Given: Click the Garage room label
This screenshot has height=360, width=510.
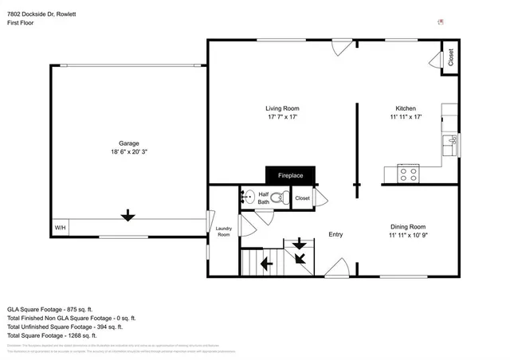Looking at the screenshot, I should tap(125, 143).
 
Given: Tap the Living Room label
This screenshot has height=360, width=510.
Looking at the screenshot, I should tap(282, 108).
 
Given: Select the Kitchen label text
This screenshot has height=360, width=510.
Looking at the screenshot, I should tap(406, 108).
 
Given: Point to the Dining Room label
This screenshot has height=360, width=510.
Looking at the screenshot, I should tap(407, 226).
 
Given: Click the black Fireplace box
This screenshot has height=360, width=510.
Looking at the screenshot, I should tap(290, 175).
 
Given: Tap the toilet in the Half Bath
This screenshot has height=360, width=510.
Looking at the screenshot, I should tap(277, 198).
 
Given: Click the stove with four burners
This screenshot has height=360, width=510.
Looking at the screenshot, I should tap(409, 173).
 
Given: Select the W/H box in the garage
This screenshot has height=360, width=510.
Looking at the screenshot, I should tap(60, 229).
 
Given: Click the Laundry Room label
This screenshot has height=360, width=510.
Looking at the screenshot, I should tap(223, 232).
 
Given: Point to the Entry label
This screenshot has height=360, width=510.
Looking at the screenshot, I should tap(335, 234).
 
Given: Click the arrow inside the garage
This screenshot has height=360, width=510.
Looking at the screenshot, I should tap(126, 215).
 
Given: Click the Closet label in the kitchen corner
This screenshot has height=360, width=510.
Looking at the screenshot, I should tap(450, 57).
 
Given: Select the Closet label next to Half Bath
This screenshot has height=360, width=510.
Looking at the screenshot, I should tap(302, 198).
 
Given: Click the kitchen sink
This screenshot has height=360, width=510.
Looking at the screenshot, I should tap(451, 143).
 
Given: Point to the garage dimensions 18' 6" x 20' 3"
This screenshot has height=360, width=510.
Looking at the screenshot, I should tap(125, 151).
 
